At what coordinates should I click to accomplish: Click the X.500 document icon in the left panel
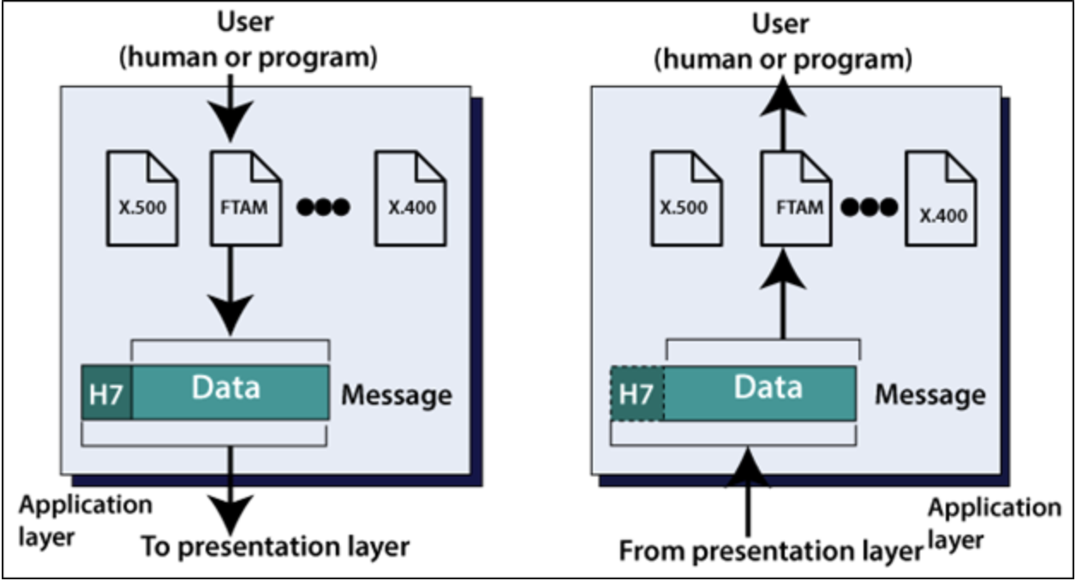click(141, 199)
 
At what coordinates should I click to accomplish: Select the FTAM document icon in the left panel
click(247, 199)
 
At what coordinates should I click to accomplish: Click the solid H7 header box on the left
click(106, 392)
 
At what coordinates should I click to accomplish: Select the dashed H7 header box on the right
click(637, 393)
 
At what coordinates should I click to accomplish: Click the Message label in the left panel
click(397, 395)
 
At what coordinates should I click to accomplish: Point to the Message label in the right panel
click(930, 395)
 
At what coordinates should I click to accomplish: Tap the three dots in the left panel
click(323, 207)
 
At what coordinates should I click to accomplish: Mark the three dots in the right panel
click(869, 207)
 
